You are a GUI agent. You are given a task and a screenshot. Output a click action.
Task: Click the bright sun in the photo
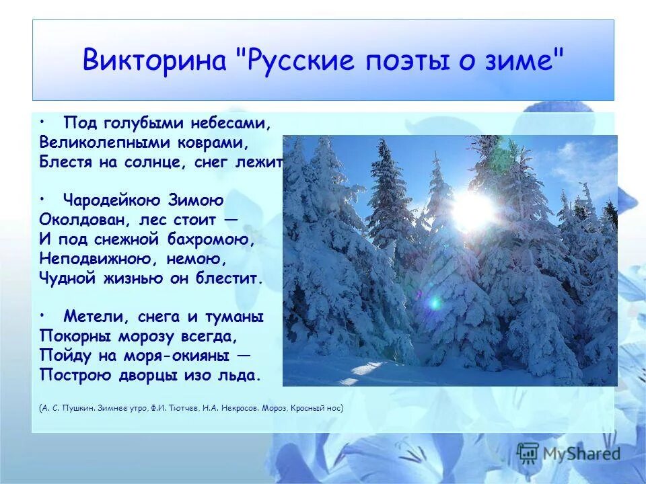473,210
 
